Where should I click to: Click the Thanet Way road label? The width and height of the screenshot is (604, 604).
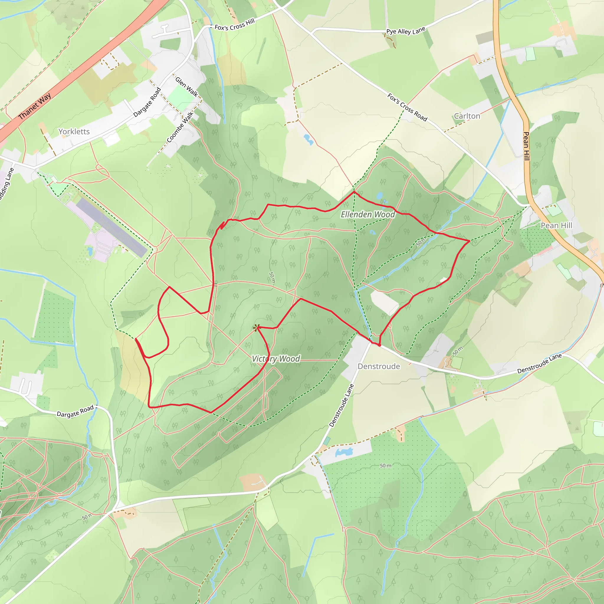pos(35,106)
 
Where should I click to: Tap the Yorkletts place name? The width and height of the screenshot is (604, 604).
pos(74,132)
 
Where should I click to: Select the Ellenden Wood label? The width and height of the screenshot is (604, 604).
pos(368,214)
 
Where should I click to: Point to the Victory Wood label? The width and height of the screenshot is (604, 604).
pos(276,359)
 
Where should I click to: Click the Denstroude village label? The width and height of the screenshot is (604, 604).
pos(379,366)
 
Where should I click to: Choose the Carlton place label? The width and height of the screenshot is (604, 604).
pos(467,116)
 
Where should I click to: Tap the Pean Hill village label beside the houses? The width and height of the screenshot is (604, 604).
pos(557,225)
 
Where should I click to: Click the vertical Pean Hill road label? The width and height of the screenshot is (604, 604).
pos(526,146)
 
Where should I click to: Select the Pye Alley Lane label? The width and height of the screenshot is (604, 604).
pos(406,31)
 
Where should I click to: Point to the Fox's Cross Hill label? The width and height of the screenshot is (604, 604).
pos(234,25)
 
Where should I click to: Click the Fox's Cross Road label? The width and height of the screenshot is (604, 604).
pos(407,107)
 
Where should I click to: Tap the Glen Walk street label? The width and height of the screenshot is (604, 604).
pos(187,87)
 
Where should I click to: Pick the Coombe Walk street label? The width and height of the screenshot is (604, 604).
pos(180,127)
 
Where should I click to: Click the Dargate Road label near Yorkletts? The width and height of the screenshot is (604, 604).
pos(147,102)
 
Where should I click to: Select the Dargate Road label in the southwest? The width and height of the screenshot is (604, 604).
pos(75,411)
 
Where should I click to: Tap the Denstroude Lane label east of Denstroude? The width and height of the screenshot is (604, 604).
pos(539,364)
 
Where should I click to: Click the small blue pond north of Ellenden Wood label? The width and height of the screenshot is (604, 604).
pos(379,196)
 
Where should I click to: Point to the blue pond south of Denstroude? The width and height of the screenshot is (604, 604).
pos(344,452)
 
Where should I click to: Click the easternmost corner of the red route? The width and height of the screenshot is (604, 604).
pos(470,241)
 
